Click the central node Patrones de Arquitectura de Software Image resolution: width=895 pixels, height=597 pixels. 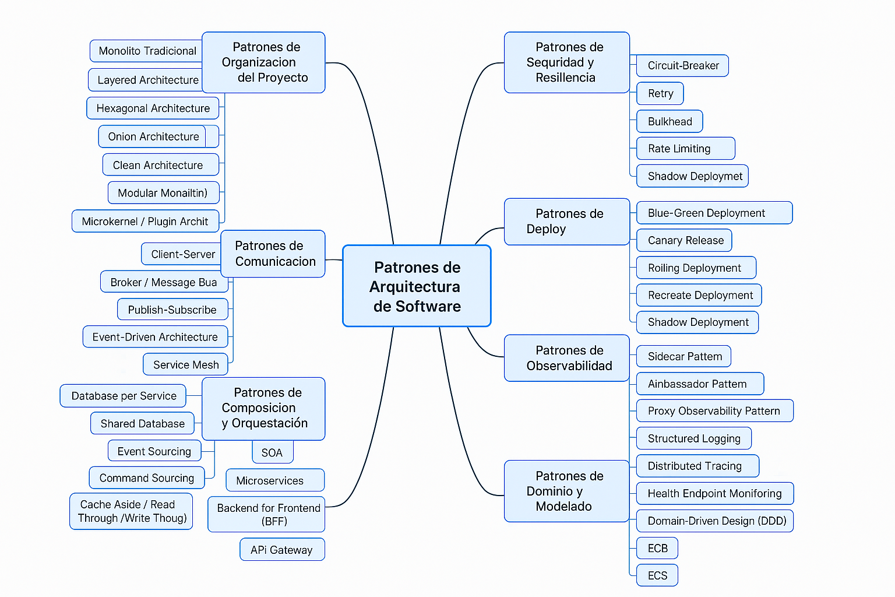point(417,286)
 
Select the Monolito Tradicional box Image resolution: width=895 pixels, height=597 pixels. point(147,51)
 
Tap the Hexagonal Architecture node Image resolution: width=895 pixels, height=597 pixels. point(153,108)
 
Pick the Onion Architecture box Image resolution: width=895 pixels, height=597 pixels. point(153,136)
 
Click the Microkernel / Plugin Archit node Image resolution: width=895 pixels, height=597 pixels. point(145,222)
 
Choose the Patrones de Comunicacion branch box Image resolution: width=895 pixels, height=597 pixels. point(273,254)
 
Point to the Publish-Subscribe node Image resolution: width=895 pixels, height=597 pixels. point(172,310)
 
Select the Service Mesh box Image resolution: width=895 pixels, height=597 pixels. point(185,364)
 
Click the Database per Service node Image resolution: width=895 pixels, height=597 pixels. point(123,396)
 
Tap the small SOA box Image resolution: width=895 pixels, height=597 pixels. point(272,452)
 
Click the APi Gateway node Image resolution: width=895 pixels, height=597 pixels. point(282,550)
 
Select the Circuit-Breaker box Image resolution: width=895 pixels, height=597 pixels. point(682,65)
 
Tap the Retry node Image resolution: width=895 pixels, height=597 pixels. point(660,93)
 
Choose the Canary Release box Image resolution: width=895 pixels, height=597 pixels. point(684,240)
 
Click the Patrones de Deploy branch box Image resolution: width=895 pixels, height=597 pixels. point(567,222)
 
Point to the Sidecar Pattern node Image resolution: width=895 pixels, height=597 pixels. point(683,356)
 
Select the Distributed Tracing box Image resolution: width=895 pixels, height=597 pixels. point(697,466)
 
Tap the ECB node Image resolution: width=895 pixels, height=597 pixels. point(657,548)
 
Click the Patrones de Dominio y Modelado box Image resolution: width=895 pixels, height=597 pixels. point(566,491)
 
